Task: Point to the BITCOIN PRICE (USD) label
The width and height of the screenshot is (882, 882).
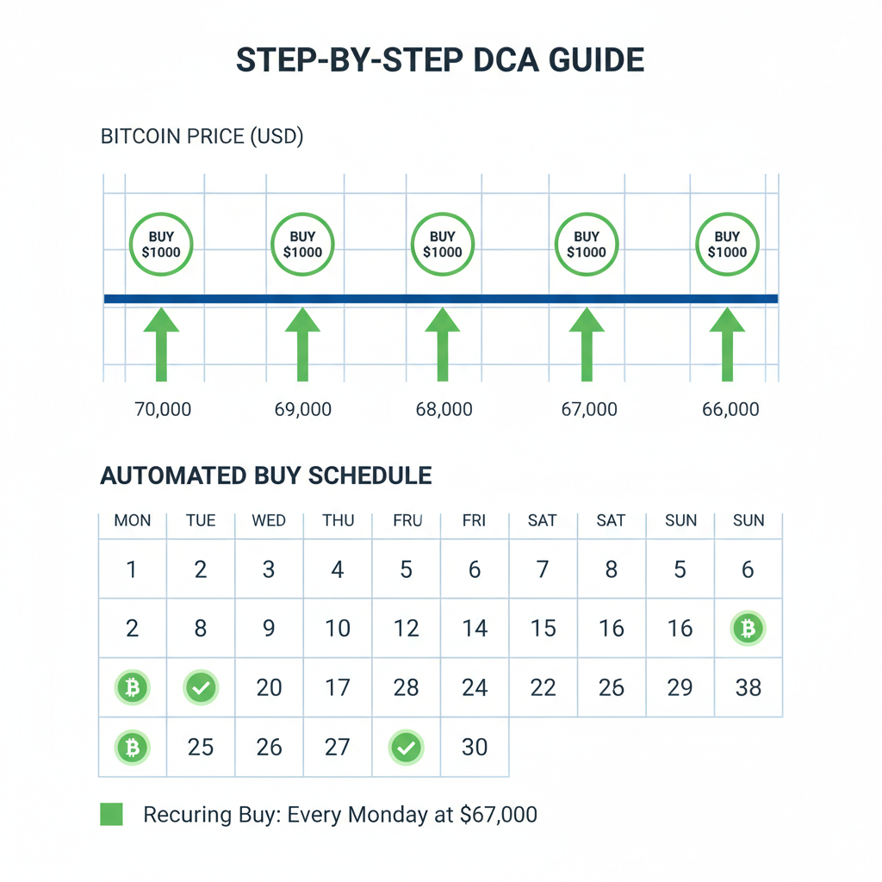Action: pyautogui.click(x=202, y=136)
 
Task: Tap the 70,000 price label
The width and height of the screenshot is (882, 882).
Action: pyautogui.click(x=163, y=409)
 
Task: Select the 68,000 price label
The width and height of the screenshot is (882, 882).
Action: pyautogui.click(x=444, y=409)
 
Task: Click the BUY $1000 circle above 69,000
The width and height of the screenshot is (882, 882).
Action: pyautogui.click(x=302, y=245)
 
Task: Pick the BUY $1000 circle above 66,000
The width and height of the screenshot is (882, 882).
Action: pyautogui.click(x=727, y=245)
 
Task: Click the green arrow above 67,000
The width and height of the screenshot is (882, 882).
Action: pyautogui.click(x=587, y=345)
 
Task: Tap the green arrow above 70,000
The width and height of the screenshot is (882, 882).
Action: pyautogui.click(x=161, y=345)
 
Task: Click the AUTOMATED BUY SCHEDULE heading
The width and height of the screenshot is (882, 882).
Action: pyautogui.click(x=266, y=475)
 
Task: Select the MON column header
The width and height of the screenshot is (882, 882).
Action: pyautogui.click(x=132, y=520)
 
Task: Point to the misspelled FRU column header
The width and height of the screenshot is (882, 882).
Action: pyautogui.click(x=406, y=520)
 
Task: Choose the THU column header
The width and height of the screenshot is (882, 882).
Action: pyautogui.click(x=338, y=520)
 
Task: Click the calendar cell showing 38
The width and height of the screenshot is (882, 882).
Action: pyautogui.click(x=748, y=687)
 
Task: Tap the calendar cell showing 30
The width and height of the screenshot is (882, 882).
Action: pyautogui.click(x=474, y=747)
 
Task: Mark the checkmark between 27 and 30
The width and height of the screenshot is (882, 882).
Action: pyautogui.click(x=406, y=748)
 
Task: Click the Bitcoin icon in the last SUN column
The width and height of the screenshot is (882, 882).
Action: pyautogui.click(x=748, y=629)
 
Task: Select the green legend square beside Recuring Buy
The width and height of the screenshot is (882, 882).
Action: pyautogui.click(x=111, y=814)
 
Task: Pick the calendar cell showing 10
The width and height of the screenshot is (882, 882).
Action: pyautogui.click(x=338, y=629)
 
